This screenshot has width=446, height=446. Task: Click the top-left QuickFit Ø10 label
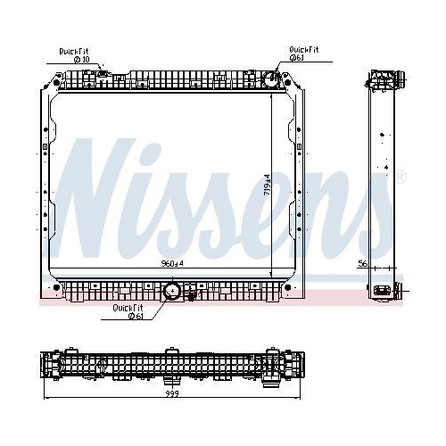pyautogui.click(x=75, y=55)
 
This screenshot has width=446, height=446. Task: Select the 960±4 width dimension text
pyautogui.click(x=172, y=264)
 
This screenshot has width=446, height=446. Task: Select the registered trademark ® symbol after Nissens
pyautogui.click(x=400, y=176)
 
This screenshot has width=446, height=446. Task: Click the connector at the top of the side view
pyautogui.click(x=381, y=78)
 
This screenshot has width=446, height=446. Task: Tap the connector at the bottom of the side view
pyautogui.click(x=384, y=291)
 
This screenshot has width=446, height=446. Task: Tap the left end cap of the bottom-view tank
pyautogui.click(x=49, y=366)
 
